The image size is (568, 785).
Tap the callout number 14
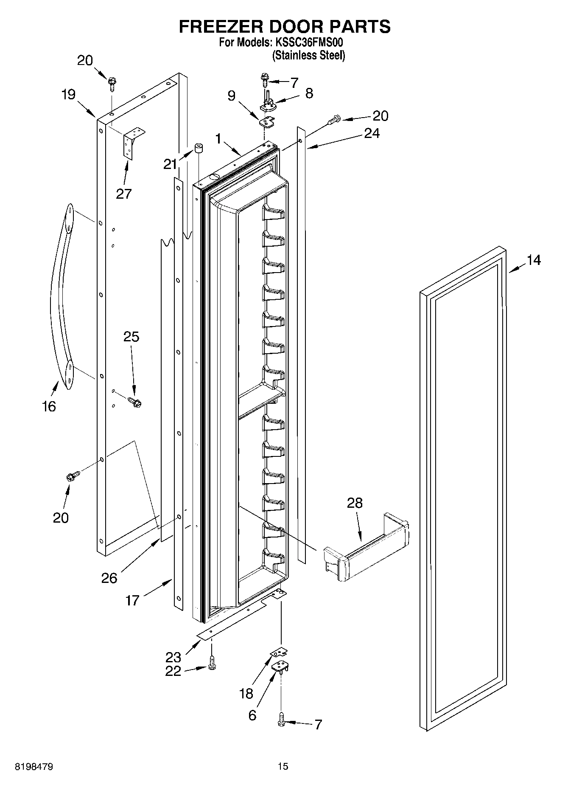click(x=534, y=260)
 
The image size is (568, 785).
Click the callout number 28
click(x=355, y=503)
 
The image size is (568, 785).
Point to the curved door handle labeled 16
click(x=59, y=297)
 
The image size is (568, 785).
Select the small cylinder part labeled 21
click(x=198, y=149)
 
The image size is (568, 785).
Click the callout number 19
click(x=68, y=94)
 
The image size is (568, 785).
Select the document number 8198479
click(x=34, y=766)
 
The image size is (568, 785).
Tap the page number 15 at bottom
click(x=283, y=766)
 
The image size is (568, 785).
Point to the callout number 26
click(x=109, y=578)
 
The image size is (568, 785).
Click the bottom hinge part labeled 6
click(x=280, y=667)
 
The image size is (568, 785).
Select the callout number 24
click(x=372, y=133)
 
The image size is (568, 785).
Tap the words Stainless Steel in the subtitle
click(x=308, y=55)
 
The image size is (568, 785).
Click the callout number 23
click(x=173, y=657)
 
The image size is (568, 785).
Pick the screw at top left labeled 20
click(x=112, y=83)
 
